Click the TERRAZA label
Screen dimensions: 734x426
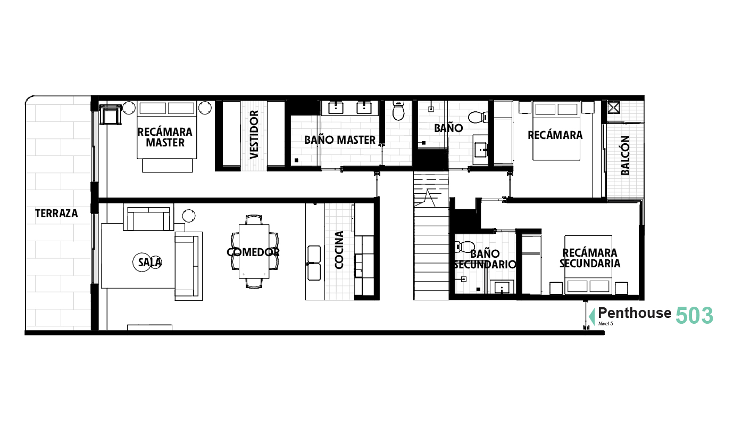coord(56,214)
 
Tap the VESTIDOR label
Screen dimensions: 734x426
coord(254,135)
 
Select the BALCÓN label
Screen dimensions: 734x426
coord(625,155)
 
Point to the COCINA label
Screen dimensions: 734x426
coord(339,250)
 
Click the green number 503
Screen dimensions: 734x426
coord(694,315)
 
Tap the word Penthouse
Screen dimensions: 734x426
coord(635,313)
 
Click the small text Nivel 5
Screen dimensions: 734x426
coord(605,324)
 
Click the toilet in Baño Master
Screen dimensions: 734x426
coord(398,111)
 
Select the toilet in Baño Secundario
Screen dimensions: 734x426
coord(465,247)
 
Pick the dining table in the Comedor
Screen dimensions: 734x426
coord(254,251)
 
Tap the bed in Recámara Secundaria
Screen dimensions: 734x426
coord(588,264)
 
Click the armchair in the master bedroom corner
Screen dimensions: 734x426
coord(110,114)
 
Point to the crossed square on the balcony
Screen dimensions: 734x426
coord(614,108)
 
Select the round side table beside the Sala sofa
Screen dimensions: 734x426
coord(189,216)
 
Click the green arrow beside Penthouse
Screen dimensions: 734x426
coord(592,316)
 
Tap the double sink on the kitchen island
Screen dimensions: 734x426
coord(314,263)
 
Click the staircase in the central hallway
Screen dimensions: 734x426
coord(431,235)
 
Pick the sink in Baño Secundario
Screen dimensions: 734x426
coord(502,287)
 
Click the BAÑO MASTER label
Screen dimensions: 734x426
coord(340,140)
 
